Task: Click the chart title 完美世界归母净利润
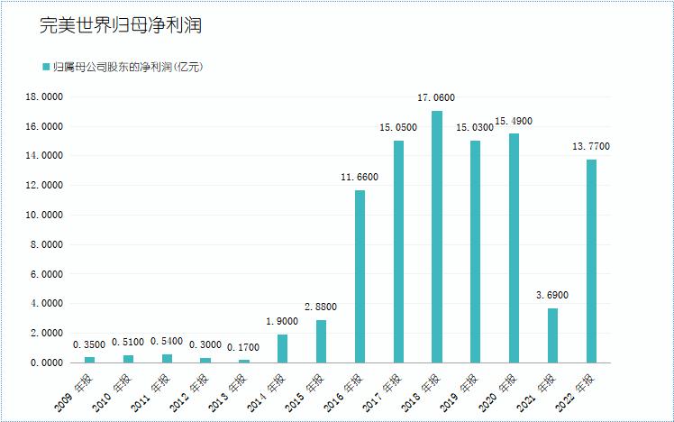[120, 26]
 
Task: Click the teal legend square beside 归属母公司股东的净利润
[46, 67]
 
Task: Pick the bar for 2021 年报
[552, 335]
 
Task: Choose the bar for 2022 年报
[591, 261]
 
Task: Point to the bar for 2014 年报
[282, 348]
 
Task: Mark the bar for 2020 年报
[514, 248]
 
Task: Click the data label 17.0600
[437, 97]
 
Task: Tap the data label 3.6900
[552, 295]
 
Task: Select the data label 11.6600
[360, 177]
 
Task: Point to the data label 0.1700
[244, 346]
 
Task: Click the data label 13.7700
[591, 146]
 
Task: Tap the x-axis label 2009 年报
[75, 390]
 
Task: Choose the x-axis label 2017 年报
[383, 390]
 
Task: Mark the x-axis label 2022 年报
[576, 390]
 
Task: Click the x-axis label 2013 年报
[229, 390]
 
